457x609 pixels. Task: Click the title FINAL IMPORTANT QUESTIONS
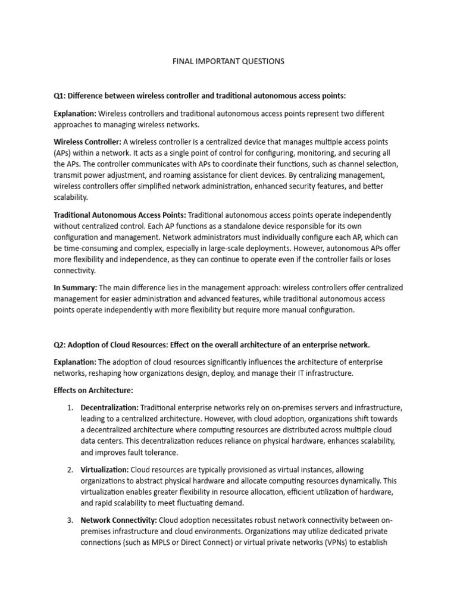click(228, 61)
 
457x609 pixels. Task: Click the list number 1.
click(70, 407)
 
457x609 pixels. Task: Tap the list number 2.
click(70, 470)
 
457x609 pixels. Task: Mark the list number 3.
click(70, 520)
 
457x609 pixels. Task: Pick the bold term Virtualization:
click(105, 470)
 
